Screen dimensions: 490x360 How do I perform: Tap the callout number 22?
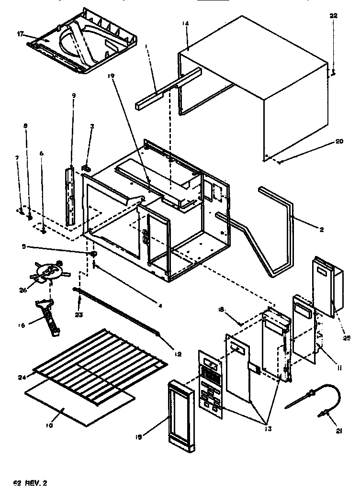click(x=333, y=15)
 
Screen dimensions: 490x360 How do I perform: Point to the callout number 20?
click(x=339, y=142)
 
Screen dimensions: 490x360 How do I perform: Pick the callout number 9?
click(x=73, y=95)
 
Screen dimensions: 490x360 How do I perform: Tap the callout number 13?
click(x=267, y=429)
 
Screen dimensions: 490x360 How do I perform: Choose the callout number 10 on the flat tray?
click(x=50, y=425)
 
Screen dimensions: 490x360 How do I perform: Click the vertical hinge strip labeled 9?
click(x=71, y=196)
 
